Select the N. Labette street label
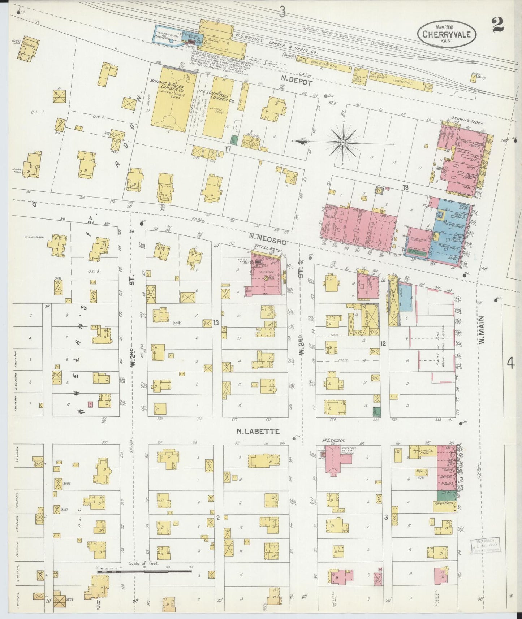tap(259, 431)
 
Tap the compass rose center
tap(342, 144)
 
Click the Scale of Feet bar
tap(144, 572)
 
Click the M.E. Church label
tap(334, 441)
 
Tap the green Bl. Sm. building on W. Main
tap(444, 495)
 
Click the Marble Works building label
tap(444, 505)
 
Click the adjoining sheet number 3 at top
tap(282, 13)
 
